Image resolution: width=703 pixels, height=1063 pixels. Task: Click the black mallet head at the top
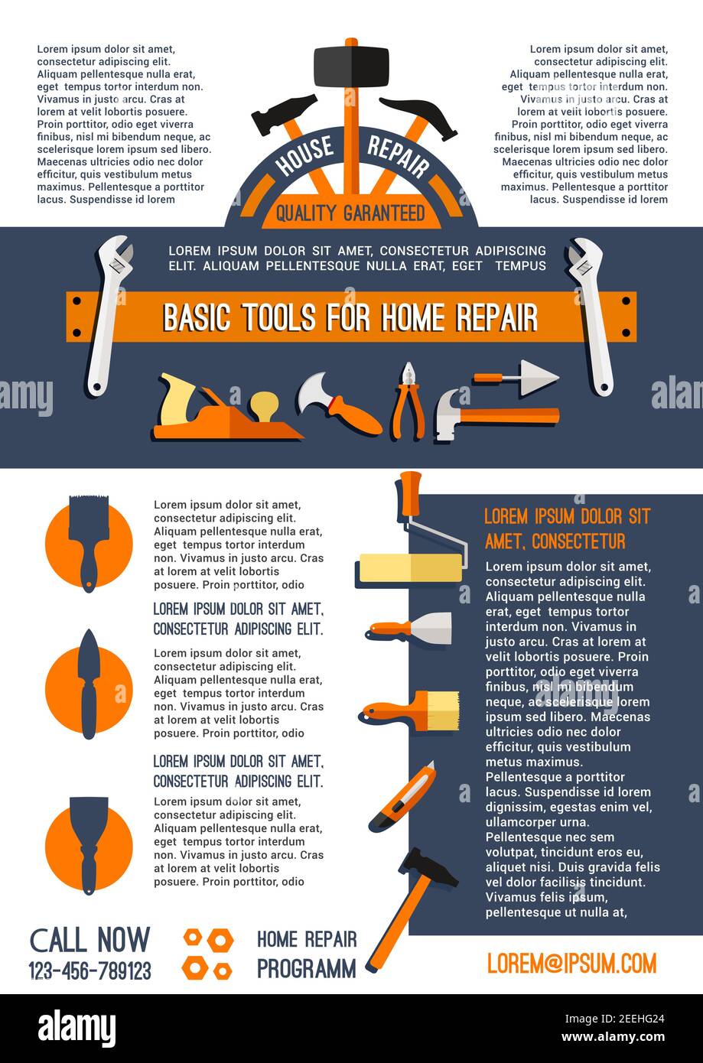351,66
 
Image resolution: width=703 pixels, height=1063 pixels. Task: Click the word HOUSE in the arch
304,155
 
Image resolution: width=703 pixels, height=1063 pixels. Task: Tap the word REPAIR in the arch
398,155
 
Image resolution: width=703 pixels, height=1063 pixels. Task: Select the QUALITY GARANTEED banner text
350,213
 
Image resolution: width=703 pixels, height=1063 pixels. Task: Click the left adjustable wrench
108,314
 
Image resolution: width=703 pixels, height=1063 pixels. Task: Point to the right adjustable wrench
591,314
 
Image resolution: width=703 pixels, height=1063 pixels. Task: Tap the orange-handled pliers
407,401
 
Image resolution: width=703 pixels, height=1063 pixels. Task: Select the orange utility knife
404,798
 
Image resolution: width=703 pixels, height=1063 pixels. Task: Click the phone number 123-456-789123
90,971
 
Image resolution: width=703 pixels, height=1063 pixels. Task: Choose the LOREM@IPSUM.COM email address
571,964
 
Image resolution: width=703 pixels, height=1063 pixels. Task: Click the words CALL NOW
90,940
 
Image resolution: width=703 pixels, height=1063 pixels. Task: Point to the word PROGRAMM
306,969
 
